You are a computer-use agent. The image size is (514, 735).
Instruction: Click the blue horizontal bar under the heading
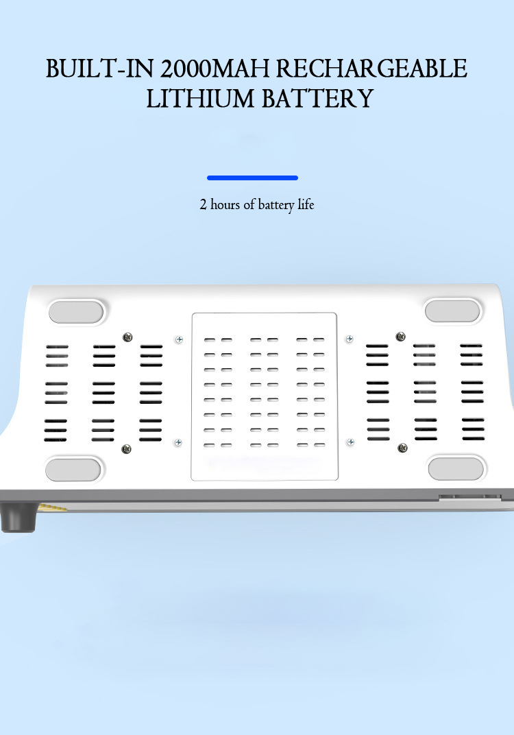252,178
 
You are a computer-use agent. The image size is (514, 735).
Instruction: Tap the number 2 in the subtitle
203,204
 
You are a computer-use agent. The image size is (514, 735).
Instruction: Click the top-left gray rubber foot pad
75,312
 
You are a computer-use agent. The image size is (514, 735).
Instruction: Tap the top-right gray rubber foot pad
452,311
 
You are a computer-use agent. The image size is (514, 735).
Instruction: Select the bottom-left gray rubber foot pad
73,470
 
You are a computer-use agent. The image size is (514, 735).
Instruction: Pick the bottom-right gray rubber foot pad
456,469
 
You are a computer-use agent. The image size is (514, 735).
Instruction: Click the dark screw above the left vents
127,337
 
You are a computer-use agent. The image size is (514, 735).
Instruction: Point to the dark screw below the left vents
125,449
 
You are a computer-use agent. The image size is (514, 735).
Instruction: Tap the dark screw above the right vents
401,336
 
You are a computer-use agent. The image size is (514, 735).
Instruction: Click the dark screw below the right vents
402,448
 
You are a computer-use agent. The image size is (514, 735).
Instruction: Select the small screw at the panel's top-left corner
179,339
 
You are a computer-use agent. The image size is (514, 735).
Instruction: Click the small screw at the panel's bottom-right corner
350,442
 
